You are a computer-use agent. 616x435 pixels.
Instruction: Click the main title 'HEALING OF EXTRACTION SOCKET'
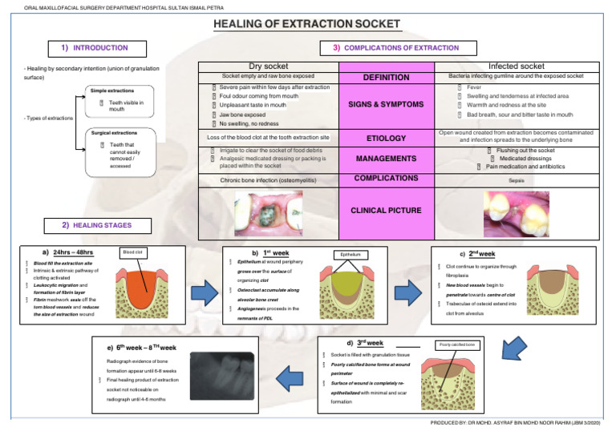click(x=308, y=25)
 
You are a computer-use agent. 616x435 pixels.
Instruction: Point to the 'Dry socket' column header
click(x=269, y=66)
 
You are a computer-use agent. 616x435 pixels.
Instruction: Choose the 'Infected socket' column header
click(x=516, y=66)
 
